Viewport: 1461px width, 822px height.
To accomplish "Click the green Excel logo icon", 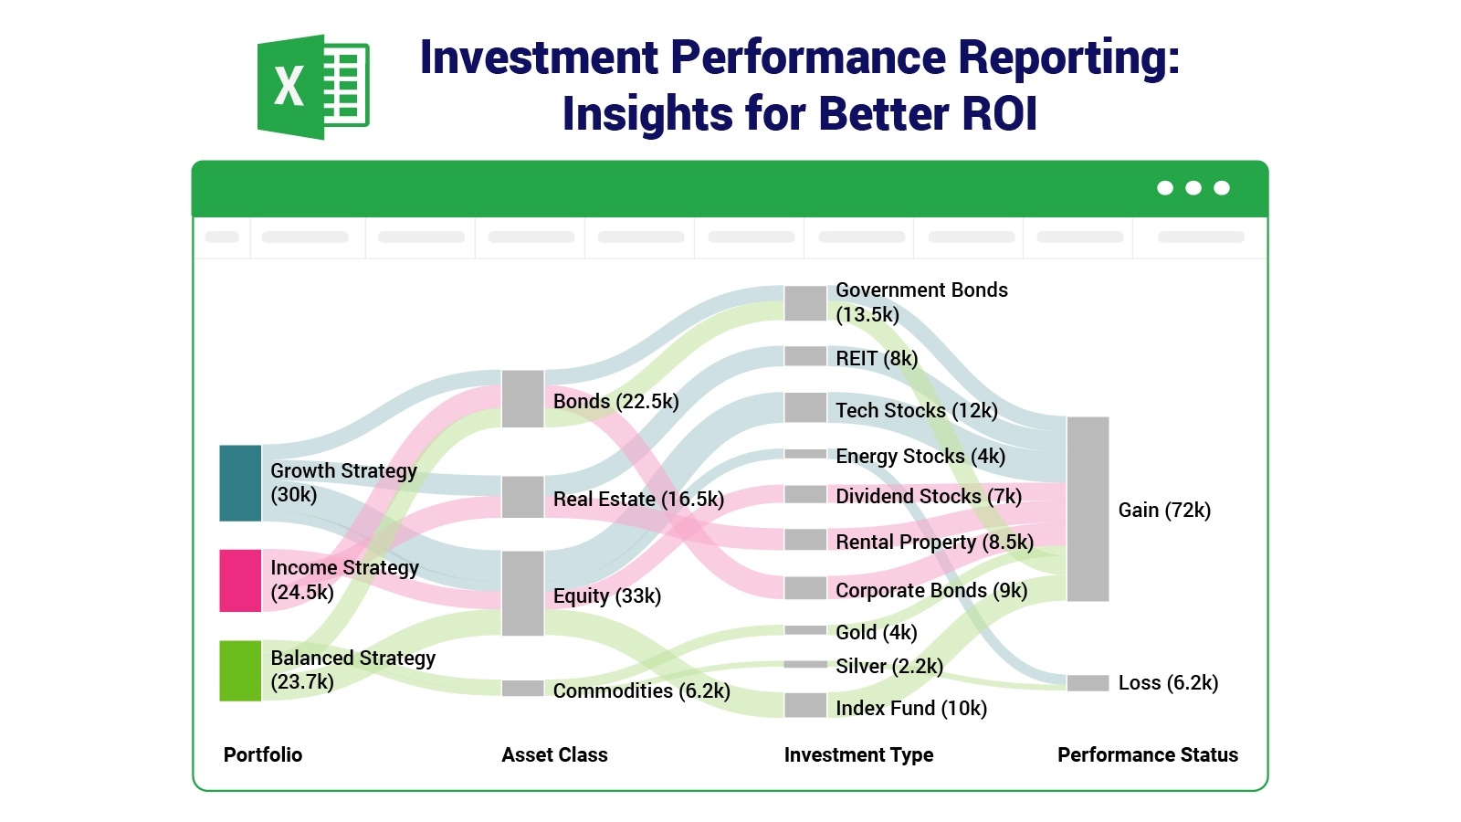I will (x=313, y=87).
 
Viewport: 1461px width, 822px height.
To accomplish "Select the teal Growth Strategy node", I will (x=240, y=483).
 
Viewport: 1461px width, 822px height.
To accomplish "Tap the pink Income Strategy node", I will (x=240, y=580).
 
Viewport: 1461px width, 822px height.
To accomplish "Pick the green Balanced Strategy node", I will (x=240, y=670).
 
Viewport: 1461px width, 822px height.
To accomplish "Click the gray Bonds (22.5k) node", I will (x=522, y=398).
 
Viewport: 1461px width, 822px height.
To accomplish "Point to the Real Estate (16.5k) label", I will (x=638, y=499).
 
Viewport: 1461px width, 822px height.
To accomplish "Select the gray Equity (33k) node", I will (x=522, y=593).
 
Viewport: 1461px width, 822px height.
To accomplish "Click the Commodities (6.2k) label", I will (x=641, y=690).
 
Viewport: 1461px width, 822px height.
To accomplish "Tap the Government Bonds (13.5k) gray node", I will (x=805, y=303).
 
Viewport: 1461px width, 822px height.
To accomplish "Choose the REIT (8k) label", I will (x=877, y=358).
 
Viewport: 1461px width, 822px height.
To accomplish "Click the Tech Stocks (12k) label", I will (x=916, y=410).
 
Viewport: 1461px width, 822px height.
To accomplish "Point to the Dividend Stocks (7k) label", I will (x=928, y=496).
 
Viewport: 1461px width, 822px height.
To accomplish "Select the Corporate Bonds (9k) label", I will (x=930, y=590).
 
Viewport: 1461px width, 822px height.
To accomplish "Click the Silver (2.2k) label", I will (x=888, y=666).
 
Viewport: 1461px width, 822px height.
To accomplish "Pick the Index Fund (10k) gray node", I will (x=805, y=705).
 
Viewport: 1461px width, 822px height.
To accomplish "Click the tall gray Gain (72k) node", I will (x=1088, y=509).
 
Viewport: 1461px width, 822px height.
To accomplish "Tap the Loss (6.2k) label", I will (x=1168, y=682).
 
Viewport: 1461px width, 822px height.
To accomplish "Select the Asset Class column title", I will (x=554, y=754).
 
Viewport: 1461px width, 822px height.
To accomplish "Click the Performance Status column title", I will (x=1147, y=754).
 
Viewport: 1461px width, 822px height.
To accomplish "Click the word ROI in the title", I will (x=999, y=114).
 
